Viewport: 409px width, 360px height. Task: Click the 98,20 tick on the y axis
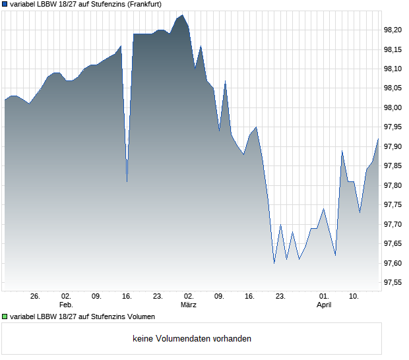[393, 30]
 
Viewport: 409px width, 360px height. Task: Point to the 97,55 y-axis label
[393, 283]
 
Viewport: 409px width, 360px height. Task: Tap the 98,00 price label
[393, 107]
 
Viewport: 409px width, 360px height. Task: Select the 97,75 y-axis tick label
[393, 205]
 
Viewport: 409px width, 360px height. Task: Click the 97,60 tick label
[393, 264]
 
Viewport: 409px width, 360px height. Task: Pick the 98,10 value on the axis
[393, 69]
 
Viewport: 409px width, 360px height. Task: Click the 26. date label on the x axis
[35, 297]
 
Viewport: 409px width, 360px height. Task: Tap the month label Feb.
[65, 305]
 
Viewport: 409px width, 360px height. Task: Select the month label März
[189, 305]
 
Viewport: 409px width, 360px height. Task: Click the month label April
[324, 305]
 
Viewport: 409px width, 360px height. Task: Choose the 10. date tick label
[354, 297]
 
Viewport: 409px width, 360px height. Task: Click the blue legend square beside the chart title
[5, 4]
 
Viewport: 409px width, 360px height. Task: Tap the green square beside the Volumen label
[5, 316]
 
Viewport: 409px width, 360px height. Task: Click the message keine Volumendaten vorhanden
[192, 339]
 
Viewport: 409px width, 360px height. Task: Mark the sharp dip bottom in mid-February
[127, 181]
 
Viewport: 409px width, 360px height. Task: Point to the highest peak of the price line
[183, 15]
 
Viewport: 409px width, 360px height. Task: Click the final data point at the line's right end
[378, 138]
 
